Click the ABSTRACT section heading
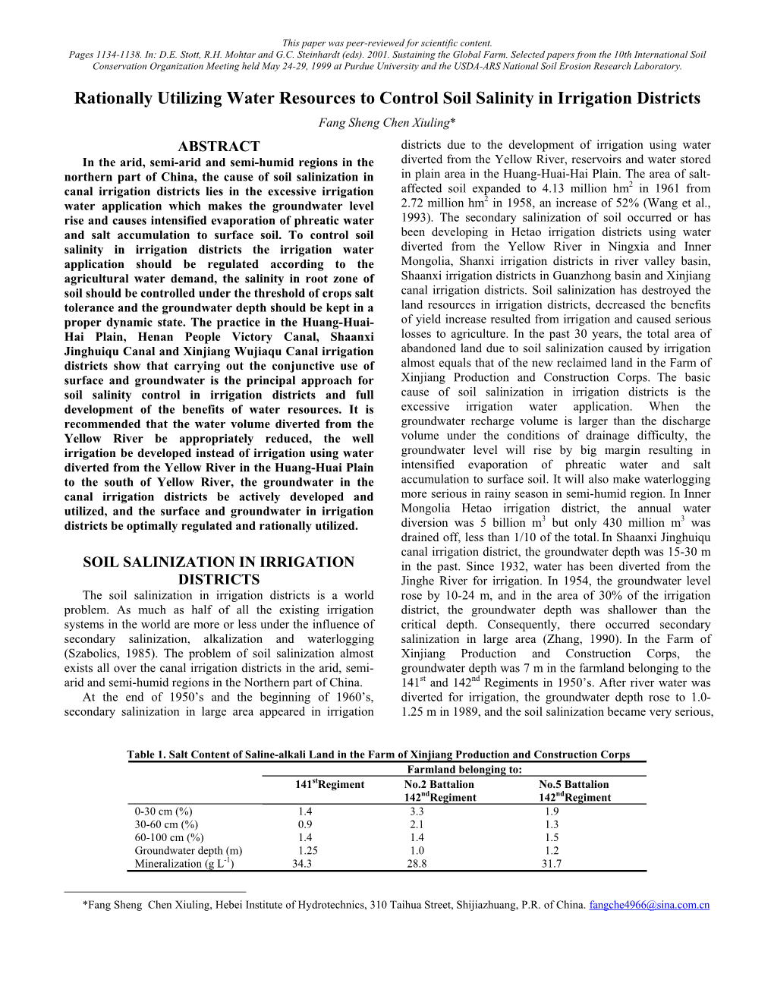pos(218,147)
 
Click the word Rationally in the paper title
pos(113,99)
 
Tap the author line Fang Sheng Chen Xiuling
pos(386,123)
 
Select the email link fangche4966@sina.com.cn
pos(649,905)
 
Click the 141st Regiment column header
pos(329,784)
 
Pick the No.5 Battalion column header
pos(574,784)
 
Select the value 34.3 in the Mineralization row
pos(301,863)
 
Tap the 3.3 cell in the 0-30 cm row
pos(417,811)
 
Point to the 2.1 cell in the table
pos(417,824)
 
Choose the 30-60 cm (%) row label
pos(166,824)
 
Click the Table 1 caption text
pos(378,755)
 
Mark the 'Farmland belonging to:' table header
pos(454,769)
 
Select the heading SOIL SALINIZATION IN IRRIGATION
pos(218,562)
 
